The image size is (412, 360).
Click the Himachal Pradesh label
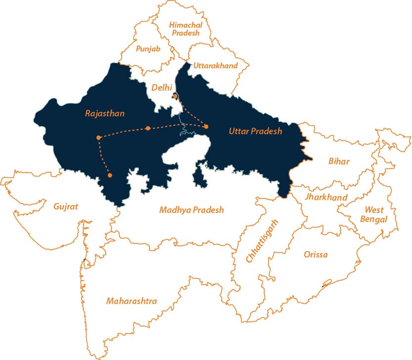(184, 29)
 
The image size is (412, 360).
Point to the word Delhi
(162, 88)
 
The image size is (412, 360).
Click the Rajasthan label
(105, 114)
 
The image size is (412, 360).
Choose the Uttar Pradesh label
(255, 131)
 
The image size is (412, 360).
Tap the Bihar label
(339, 161)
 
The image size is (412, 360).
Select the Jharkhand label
(326, 198)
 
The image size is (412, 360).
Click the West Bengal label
(375, 215)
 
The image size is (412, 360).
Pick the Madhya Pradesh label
(191, 210)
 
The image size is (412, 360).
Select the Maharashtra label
(132, 301)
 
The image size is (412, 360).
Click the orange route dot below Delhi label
(175, 96)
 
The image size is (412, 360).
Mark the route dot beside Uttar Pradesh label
(206, 127)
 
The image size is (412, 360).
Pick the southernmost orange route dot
(110, 175)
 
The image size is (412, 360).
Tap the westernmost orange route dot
(99, 137)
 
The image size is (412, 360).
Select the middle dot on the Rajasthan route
(148, 128)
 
